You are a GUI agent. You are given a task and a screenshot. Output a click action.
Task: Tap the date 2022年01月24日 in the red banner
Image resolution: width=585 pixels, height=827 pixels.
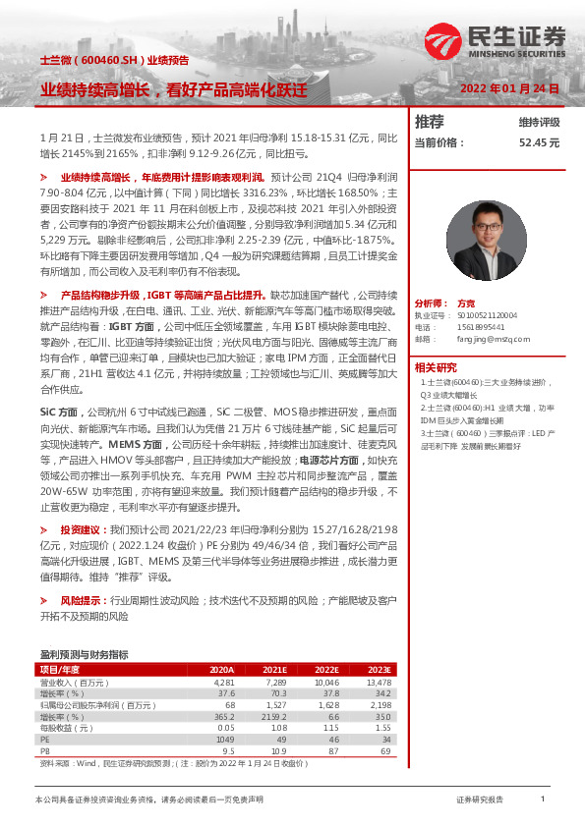coord(510,88)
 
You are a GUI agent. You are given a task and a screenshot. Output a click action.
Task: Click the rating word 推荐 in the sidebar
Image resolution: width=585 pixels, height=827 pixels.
coord(429,122)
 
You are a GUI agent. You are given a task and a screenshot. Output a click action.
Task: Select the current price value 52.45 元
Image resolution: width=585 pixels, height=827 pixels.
coord(539,142)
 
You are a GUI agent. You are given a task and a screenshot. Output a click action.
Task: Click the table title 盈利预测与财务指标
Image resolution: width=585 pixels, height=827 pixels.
coord(84,654)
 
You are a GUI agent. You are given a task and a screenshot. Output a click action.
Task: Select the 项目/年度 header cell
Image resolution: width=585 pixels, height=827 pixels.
coord(59,669)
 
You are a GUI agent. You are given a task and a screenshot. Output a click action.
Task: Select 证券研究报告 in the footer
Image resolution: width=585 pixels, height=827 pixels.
coord(480,800)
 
